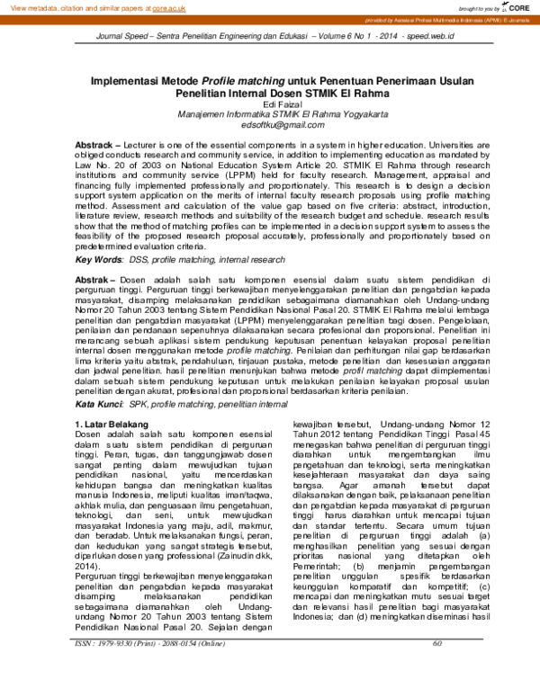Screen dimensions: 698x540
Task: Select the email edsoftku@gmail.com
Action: (270, 127)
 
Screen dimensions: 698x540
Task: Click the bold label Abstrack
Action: (94, 145)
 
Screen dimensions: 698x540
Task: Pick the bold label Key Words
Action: (99, 259)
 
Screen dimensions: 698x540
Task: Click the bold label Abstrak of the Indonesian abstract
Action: (91, 280)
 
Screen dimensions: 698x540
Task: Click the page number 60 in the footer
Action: (438, 668)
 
